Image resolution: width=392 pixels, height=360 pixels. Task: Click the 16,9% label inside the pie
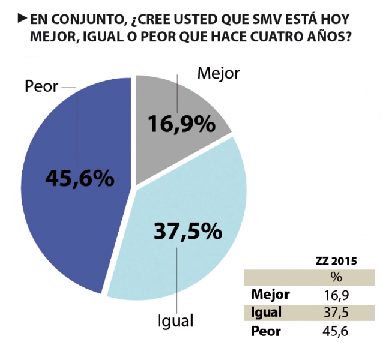pyautogui.click(x=181, y=125)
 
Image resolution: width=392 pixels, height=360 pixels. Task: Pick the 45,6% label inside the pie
pyautogui.click(x=79, y=178)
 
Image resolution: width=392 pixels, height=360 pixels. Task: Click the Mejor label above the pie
pyautogui.click(x=219, y=74)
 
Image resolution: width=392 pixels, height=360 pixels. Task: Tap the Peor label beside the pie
pyautogui.click(x=41, y=86)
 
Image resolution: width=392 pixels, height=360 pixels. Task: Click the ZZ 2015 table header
pyautogui.click(x=336, y=262)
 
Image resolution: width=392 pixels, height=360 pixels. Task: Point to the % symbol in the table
pyautogui.click(x=336, y=278)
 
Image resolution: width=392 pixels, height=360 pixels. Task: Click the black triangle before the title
pyautogui.click(x=22, y=17)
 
